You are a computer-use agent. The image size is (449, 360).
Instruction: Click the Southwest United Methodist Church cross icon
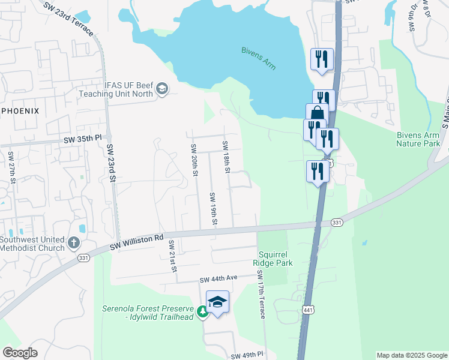73,243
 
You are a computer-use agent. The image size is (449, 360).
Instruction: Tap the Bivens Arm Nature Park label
418,139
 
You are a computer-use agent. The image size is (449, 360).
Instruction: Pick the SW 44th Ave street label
219,279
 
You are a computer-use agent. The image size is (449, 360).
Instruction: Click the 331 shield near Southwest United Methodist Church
83,258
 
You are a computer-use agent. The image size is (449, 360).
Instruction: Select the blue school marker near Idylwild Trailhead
217,302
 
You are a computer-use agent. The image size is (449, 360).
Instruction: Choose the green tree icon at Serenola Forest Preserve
203,312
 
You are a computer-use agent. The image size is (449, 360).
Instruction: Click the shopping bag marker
317,114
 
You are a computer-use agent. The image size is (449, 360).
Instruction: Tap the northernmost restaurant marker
322,59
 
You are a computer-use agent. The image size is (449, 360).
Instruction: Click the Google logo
20,353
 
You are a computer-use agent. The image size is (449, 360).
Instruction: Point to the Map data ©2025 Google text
412,355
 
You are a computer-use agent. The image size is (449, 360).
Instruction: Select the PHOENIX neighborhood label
20,111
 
